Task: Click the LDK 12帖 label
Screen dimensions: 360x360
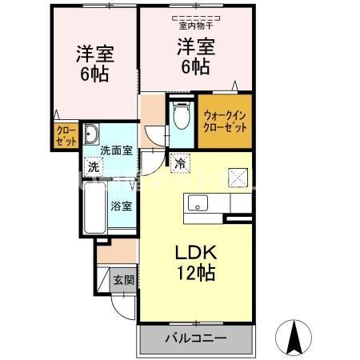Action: click(194, 262)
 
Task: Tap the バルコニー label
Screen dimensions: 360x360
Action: click(194, 338)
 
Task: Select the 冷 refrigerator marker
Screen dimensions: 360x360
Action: click(181, 164)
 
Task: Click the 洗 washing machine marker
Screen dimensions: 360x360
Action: click(94, 168)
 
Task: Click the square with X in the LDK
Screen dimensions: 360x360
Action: click(238, 177)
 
